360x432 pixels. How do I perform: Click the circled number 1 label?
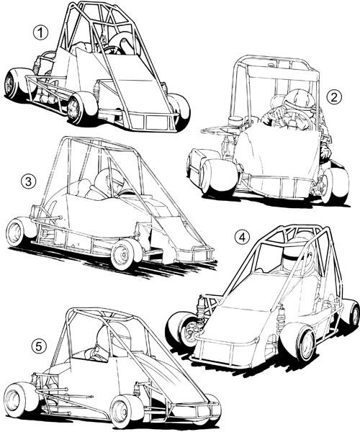pyautogui.click(x=40, y=33)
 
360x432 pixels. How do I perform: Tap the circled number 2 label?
pyautogui.click(x=334, y=97)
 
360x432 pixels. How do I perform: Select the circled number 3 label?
pyautogui.click(x=28, y=182)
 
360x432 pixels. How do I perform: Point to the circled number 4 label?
pyautogui.click(x=242, y=238)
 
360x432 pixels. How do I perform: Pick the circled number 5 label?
pyautogui.click(x=39, y=346)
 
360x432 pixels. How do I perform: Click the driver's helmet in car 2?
pyautogui.click(x=299, y=101)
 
